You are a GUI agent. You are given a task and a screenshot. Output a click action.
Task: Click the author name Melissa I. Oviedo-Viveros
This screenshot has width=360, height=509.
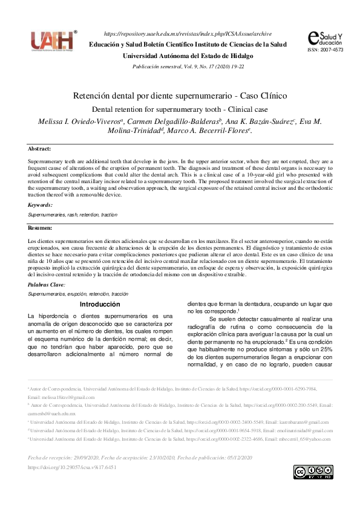(x=78, y=122)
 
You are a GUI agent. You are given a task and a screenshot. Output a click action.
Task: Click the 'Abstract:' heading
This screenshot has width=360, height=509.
(x=39, y=149)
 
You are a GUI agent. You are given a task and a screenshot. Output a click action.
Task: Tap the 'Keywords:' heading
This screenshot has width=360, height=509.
(x=41, y=205)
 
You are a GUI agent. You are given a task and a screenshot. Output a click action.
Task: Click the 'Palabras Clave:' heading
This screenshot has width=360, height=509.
(x=47, y=284)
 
